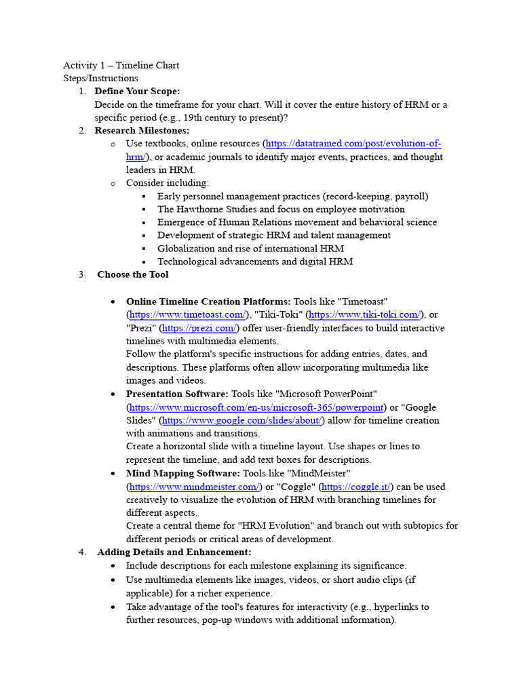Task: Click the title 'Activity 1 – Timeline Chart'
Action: click(x=121, y=65)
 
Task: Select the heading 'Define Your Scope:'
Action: click(x=137, y=91)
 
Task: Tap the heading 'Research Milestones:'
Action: click(x=142, y=131)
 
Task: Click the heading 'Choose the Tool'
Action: click(x=133, y=274)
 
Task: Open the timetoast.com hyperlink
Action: click(x=187, y=314)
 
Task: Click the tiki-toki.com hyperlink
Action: click(x=364, y=314)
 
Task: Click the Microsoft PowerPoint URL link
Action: click(x=256, y=407)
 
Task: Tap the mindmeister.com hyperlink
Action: click(x=193, y=487)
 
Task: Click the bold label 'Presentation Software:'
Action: click(x=177, y=394)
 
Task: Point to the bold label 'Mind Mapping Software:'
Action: click(x=182, y=473)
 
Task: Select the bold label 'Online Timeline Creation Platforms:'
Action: click(x=208, y=302)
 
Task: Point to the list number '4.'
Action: click(x=82, y=552)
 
